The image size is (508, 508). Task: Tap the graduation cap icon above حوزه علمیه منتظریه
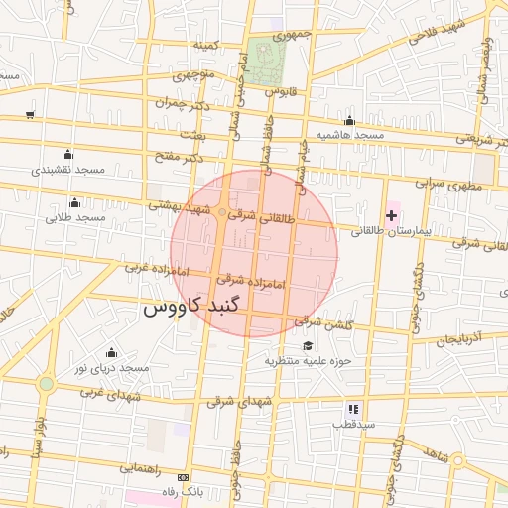308,346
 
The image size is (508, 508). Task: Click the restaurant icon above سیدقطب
352,408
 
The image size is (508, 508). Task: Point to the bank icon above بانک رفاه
181,478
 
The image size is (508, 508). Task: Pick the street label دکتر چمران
186,103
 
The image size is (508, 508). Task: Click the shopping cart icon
30,115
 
